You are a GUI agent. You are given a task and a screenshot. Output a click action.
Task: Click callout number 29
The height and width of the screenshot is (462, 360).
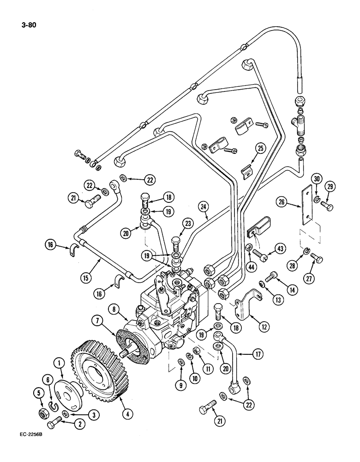[330, 187]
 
